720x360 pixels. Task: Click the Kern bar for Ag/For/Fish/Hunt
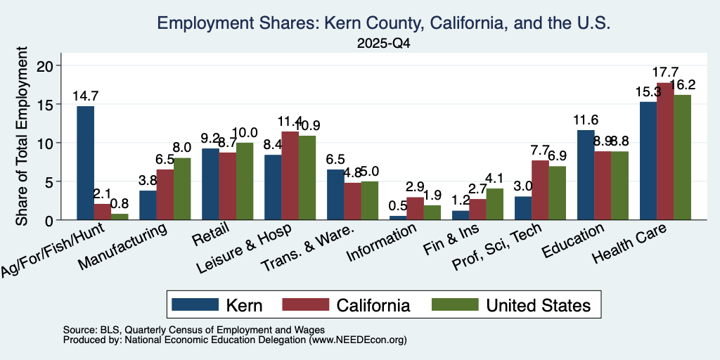pos(85,163)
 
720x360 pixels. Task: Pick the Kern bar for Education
pos(586,175)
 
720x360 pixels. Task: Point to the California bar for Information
pos(416,208)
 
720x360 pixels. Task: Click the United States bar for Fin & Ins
pos(495,204)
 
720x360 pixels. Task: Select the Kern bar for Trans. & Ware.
pos(335,195)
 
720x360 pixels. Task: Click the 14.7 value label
pos(85,96)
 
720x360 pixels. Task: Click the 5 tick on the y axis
pos(51,181)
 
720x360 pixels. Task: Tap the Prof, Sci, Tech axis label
pos(498,246)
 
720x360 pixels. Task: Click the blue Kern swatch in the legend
pos(195,304)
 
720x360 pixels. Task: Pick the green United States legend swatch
pos(455,304)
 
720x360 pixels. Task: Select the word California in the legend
pos(373,305)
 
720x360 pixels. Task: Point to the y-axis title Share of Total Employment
pos(22,136)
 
